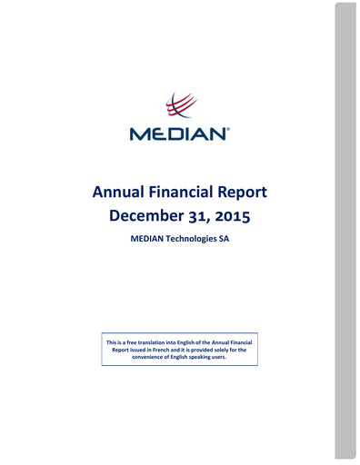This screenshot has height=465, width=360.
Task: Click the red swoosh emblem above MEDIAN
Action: pyautogui.click(x=180, y=106)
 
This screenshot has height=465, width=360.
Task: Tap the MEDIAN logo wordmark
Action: pyautogui.click(x=178, y=134)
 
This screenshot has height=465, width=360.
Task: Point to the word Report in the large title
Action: pyautogui.click(x=245, y=193)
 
